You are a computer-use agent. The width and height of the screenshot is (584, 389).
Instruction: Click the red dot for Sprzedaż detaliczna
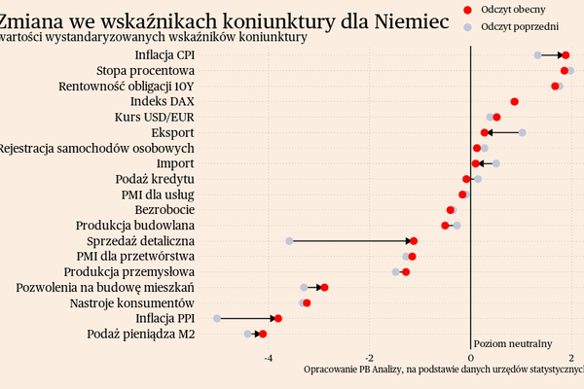click(x=414, y=241)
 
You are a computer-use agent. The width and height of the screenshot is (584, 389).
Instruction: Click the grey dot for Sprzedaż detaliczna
click(x=289, y=241)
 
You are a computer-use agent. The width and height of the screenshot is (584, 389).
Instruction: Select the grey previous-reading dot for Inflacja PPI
click(x=217, y=319)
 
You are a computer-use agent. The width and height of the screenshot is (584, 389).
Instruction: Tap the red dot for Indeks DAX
click(x=514, y=101)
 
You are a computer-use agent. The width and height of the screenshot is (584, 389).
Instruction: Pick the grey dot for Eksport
click(x=523, y=132)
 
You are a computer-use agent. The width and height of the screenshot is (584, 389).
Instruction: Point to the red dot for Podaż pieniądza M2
click(x=262, y=335)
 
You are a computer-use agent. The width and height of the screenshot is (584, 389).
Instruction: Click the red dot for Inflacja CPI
click(x=566, y=55)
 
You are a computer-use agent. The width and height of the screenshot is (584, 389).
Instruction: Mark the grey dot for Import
click(x=496, y=163)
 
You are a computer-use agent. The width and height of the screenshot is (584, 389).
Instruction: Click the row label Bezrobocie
click(x=164, y=210)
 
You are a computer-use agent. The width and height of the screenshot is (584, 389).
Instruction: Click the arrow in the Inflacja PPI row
click(x=249, y=319)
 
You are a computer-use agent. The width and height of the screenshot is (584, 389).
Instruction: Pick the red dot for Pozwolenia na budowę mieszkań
click(x=324, y=288)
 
